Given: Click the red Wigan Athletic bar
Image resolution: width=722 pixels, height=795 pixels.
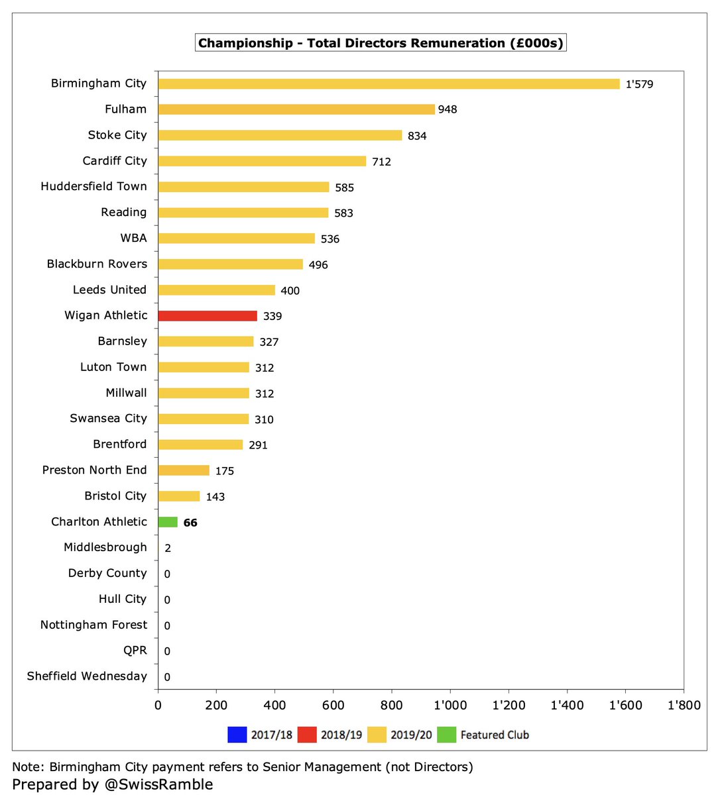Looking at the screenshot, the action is (208, 316).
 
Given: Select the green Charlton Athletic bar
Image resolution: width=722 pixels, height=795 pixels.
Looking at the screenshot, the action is (168, 522).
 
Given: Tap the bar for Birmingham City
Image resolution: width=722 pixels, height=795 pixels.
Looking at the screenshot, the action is (389, 84).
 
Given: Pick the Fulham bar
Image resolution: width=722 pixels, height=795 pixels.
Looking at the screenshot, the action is (296, 109).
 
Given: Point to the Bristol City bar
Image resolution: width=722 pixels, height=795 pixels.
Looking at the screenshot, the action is (179, 496).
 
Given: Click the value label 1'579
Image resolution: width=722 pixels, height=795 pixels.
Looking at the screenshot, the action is (639, 84).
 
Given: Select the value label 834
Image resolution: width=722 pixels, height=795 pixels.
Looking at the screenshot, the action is (417, 136).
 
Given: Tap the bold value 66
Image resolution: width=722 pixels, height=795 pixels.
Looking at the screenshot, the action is (190, 523).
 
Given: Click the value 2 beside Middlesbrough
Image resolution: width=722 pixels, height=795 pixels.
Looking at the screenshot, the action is (168, 548).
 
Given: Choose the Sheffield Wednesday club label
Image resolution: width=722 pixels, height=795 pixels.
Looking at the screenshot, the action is (87, 676).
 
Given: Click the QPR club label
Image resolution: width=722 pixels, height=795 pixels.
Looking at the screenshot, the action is (135, 651).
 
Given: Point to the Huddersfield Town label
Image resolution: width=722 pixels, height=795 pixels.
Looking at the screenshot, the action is (93, 186).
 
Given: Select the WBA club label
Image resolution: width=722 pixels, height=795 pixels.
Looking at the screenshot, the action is (134, 238).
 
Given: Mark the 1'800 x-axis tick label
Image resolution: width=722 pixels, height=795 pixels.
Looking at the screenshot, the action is (684, 706).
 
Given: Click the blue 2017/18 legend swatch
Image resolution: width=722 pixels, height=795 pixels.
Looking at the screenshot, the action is (237, 734).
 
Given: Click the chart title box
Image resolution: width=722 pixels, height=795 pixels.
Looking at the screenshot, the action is (381, 43).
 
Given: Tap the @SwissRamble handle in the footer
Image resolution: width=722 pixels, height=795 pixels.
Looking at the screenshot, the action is (158, 784).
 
